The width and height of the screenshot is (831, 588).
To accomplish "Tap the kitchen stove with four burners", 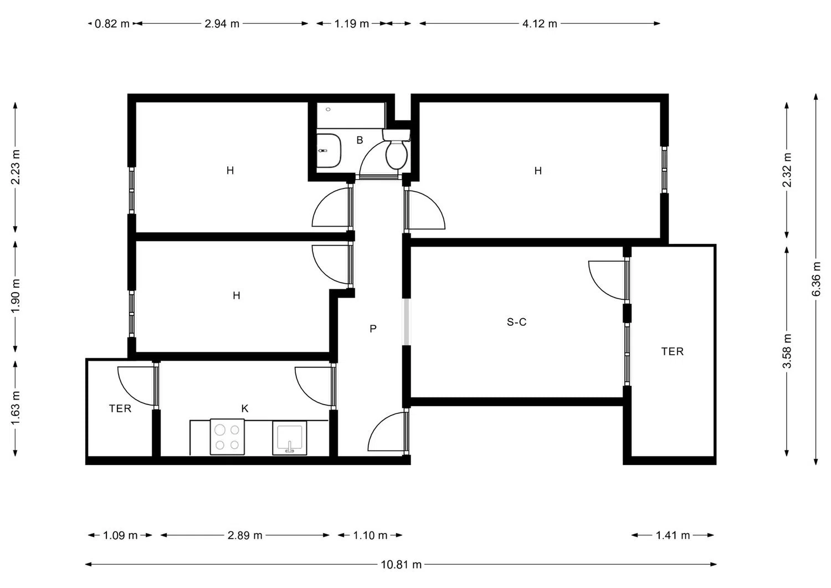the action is [x=227, y=437].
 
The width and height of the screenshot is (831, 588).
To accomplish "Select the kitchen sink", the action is [x=289, y=438].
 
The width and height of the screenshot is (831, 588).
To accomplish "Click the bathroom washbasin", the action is [x=329, y=151].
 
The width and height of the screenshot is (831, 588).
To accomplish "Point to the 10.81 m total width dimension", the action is [x=401, y=565].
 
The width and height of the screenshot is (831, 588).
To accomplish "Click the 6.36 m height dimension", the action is [x=816, y=279].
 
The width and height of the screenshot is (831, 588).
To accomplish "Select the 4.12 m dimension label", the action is [x=540, y=24].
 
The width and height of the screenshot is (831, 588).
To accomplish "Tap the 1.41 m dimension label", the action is [x=673, y=535].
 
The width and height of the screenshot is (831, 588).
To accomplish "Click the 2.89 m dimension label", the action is [x=245, y=535].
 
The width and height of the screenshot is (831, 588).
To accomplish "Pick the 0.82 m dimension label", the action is [x=112, y=24].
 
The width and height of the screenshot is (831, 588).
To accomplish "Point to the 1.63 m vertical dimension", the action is [x=15, y=408].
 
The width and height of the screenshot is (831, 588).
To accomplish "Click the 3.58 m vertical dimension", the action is [x=787, y=351].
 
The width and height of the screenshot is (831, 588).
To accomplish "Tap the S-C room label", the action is [x=516, y=322].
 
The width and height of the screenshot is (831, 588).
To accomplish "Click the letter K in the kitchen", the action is [x=245, y=408].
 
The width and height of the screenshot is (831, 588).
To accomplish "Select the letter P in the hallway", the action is [x=373, y=329].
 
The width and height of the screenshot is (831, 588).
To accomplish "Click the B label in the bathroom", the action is [x=360, y=140].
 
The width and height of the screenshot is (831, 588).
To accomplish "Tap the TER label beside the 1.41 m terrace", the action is [x=672, y=351].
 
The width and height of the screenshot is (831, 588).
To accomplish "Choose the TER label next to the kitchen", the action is [x=120, y=408].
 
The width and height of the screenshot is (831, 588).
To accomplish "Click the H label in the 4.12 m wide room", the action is [x=538, y=170].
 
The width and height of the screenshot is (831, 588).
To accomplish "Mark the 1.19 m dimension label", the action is [x=352, y=24].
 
